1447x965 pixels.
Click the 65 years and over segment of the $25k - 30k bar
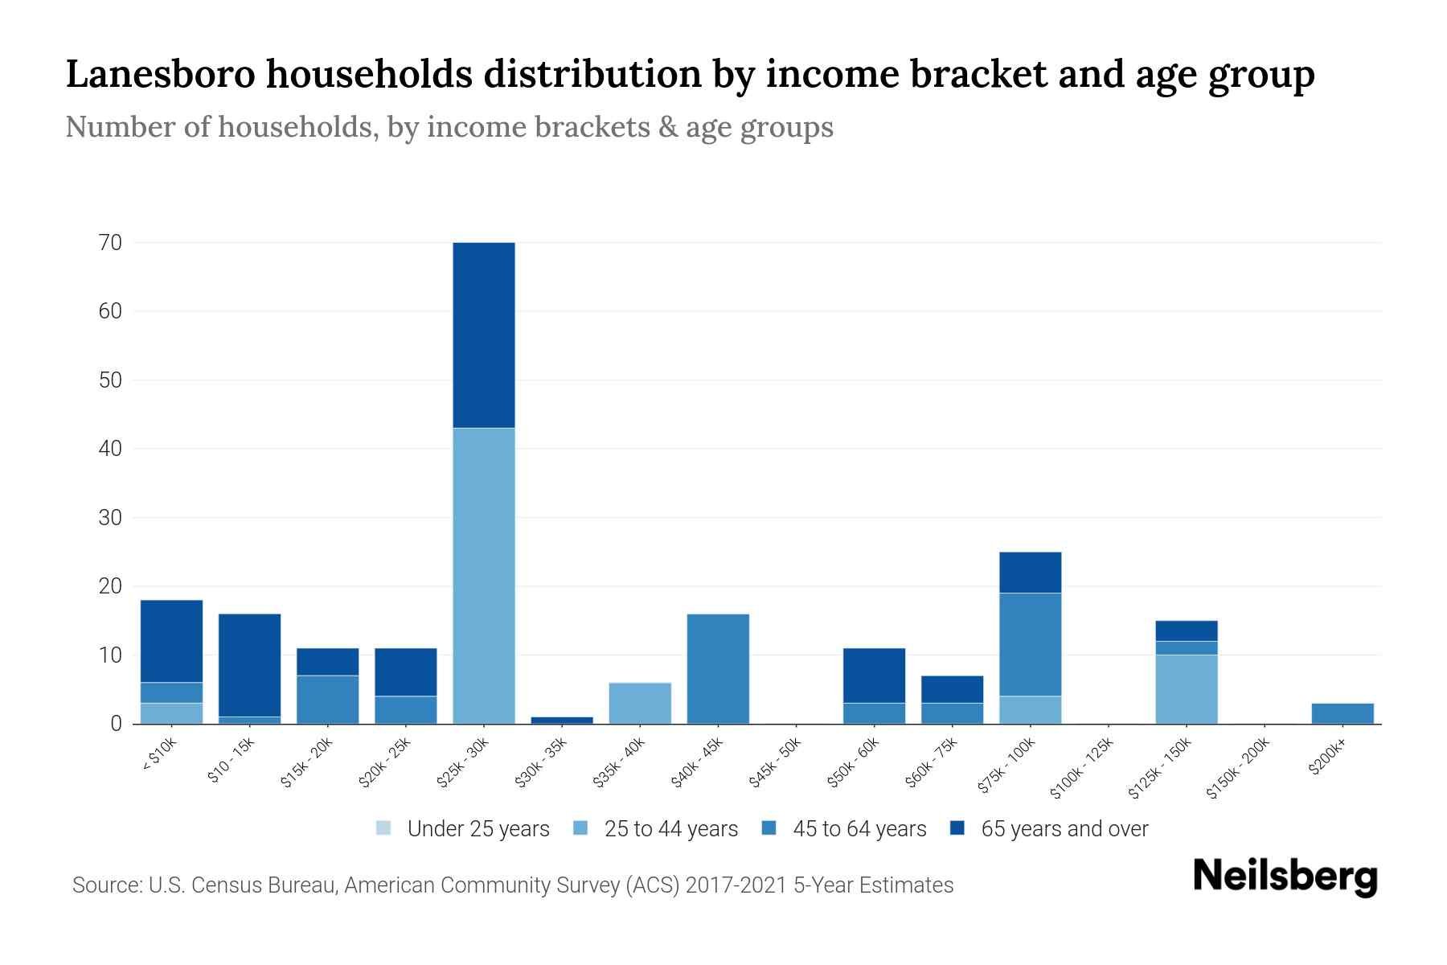[484, 335]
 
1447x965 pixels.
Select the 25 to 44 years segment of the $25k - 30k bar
[484, 576]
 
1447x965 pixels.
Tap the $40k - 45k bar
[718, 669]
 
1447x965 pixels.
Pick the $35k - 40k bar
[640, 703]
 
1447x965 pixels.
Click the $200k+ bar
[1342, 713]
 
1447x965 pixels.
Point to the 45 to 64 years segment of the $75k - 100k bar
[1030, 644]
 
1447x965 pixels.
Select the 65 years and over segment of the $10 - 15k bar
[249, 665]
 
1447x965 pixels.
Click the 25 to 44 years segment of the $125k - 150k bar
[1187, 689]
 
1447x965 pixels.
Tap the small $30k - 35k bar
[562, 720]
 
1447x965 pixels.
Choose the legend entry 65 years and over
[1049, 829]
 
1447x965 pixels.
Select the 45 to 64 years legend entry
[844, 829]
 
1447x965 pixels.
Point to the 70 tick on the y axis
[110, 243]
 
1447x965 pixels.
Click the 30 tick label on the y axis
[110, 518]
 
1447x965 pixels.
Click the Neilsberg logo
[1285, 877]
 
